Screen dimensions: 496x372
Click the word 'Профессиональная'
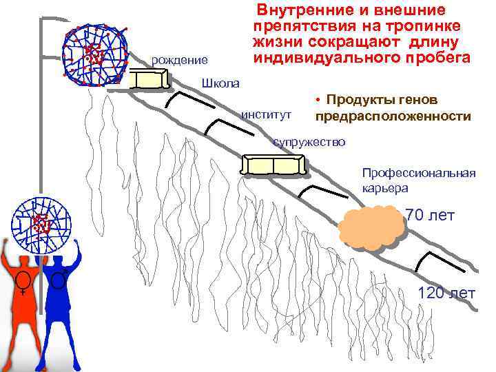pos(418,172)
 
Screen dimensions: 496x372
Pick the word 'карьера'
pos(384,187)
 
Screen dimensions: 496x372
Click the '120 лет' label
pos(446,293)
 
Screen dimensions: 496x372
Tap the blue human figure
pos(61,303)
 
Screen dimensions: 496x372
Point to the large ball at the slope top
pos(94,55)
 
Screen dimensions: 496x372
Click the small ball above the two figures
pos(44,223)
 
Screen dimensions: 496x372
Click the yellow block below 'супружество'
pos(273,165)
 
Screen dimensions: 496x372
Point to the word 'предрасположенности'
pos(393,116)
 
